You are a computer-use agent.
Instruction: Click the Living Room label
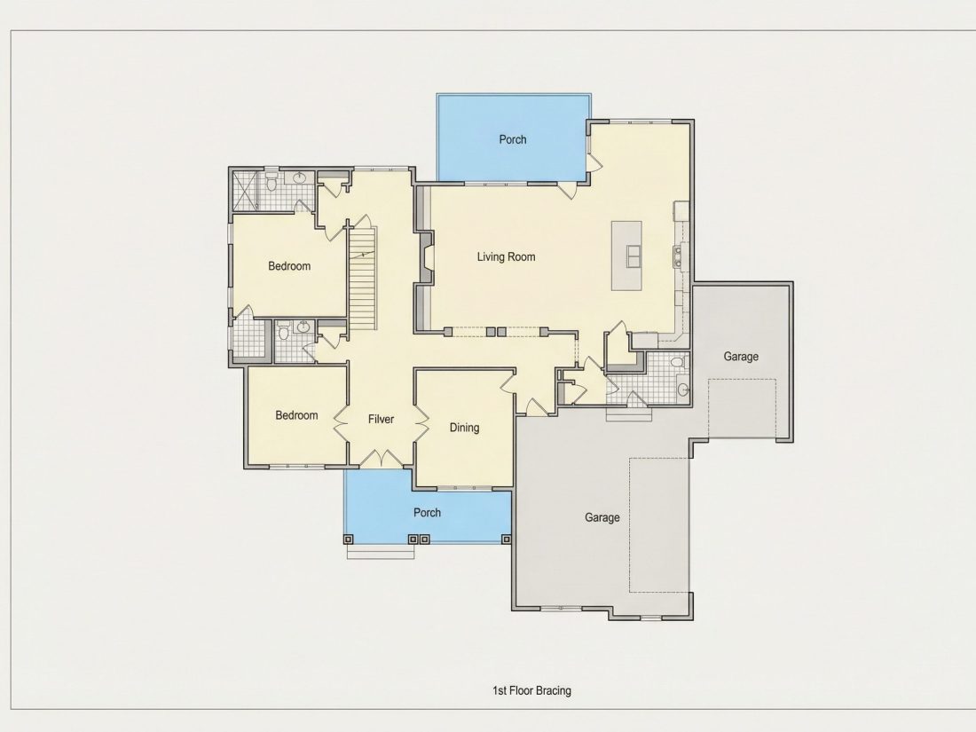click(506, 256)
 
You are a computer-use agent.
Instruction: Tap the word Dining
click(464, 428)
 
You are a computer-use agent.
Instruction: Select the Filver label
click(381, 419)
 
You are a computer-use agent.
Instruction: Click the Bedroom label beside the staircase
click(289, 266)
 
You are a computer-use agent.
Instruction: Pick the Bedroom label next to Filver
click(297, 415)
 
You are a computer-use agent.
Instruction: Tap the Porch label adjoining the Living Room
click(513, 139)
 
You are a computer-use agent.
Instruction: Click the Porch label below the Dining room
click(427, 512)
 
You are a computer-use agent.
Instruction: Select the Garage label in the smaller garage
click(741, 356)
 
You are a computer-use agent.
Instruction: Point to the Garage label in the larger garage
click(602, 517)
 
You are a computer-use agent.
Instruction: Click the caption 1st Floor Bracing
click(531, 690)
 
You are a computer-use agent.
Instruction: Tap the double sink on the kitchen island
click(633, 256)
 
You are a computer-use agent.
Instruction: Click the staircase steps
click(362, 279)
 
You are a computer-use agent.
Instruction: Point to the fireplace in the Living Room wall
click(426, 256)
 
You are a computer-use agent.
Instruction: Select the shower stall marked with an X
click(245, 191)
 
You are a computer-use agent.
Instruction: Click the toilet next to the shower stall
click(272, 183)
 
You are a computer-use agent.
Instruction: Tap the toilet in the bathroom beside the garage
click(677, 362)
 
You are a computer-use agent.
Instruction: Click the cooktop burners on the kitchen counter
click(677, 256)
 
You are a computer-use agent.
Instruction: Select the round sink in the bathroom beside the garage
click(683, 390)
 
